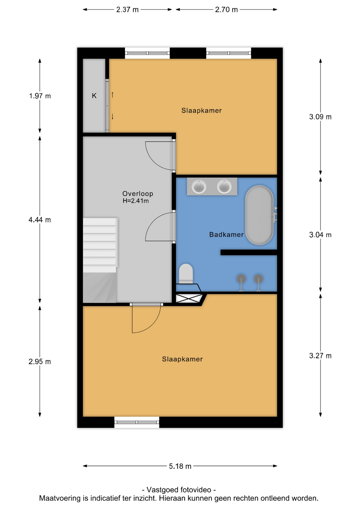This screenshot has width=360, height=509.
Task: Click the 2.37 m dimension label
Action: click(127, 10)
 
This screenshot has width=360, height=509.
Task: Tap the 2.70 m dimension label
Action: click(226, 10)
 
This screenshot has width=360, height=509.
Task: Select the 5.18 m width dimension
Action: click(180, 466)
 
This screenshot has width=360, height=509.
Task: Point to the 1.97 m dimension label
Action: click(40, 96)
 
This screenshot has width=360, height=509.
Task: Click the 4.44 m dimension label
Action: click(40, 220)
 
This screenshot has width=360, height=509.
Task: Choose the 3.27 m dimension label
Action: click(320, 356)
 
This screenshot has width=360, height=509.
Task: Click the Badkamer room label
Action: click(226, 235)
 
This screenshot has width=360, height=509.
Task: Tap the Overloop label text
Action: click(138, 194)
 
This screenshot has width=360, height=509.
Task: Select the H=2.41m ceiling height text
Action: click(135, 201)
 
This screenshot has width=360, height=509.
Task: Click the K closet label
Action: click(94, 96)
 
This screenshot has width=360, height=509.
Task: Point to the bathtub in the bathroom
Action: click(259, 215)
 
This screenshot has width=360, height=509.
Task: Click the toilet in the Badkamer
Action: click(186, 273)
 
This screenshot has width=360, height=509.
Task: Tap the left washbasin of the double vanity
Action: click(199, 186)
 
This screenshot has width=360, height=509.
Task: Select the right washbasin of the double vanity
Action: click(224, 186)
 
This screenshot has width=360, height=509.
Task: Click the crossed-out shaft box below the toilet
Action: click(189, 298)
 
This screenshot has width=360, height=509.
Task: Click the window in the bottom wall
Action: click(137, 422)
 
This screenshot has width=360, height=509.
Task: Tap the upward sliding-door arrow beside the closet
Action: click(112, 95)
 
